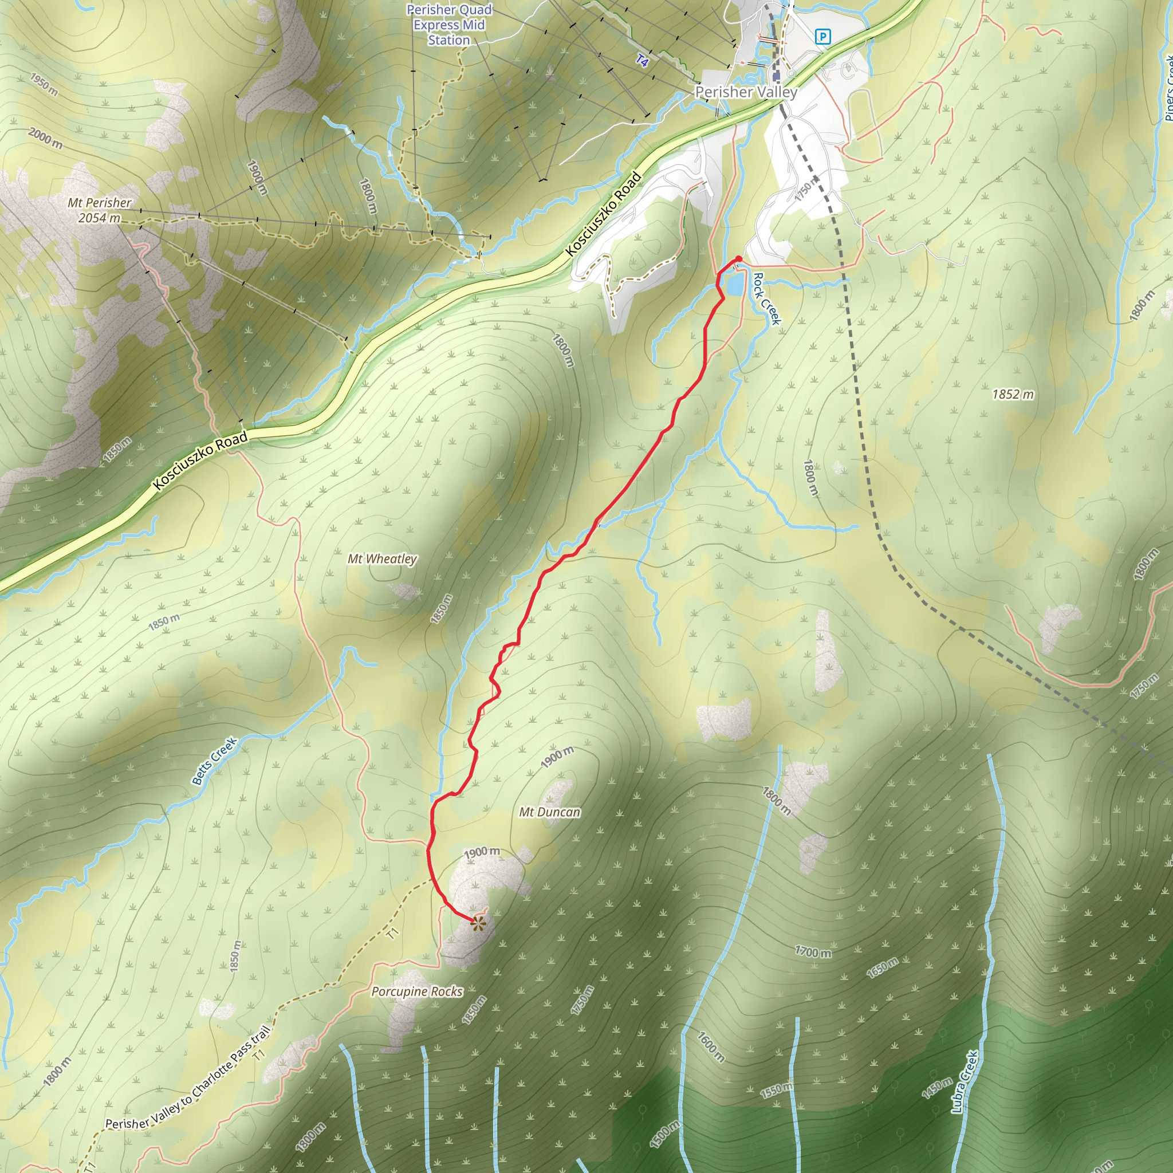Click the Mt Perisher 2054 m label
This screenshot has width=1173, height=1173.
click(x=99, y=210)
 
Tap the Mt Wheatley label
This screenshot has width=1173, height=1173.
click(x=382, y=558)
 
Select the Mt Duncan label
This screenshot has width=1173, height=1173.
click(x=549, y=812)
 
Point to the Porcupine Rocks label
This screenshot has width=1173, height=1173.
click(x=416, y=991)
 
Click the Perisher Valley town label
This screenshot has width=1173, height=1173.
click(x=746, y=92)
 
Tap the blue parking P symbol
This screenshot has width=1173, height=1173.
click(x=822, y=37)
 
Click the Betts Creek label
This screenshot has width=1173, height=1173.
click(x=214, y=761)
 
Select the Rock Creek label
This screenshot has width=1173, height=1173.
click(x=766, y=299)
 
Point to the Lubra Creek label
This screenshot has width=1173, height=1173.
click(x=964, y=1083)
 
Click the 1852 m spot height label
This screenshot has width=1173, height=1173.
click(x=1013, y=395)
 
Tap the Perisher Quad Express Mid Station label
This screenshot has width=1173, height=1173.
click(x=448, y=25)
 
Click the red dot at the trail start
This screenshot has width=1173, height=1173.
click(x=738, y=259)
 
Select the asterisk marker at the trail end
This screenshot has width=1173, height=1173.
click(x=478, y=924)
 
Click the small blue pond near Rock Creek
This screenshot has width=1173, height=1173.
click(x=734, y=284)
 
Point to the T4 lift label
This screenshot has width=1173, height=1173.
click(x=643, y=61)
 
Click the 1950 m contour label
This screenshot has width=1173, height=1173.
click(x=44, y=84)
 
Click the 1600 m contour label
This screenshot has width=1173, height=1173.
click(x=710, y=1047)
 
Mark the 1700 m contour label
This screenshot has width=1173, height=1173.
click(x=813, y=952)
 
